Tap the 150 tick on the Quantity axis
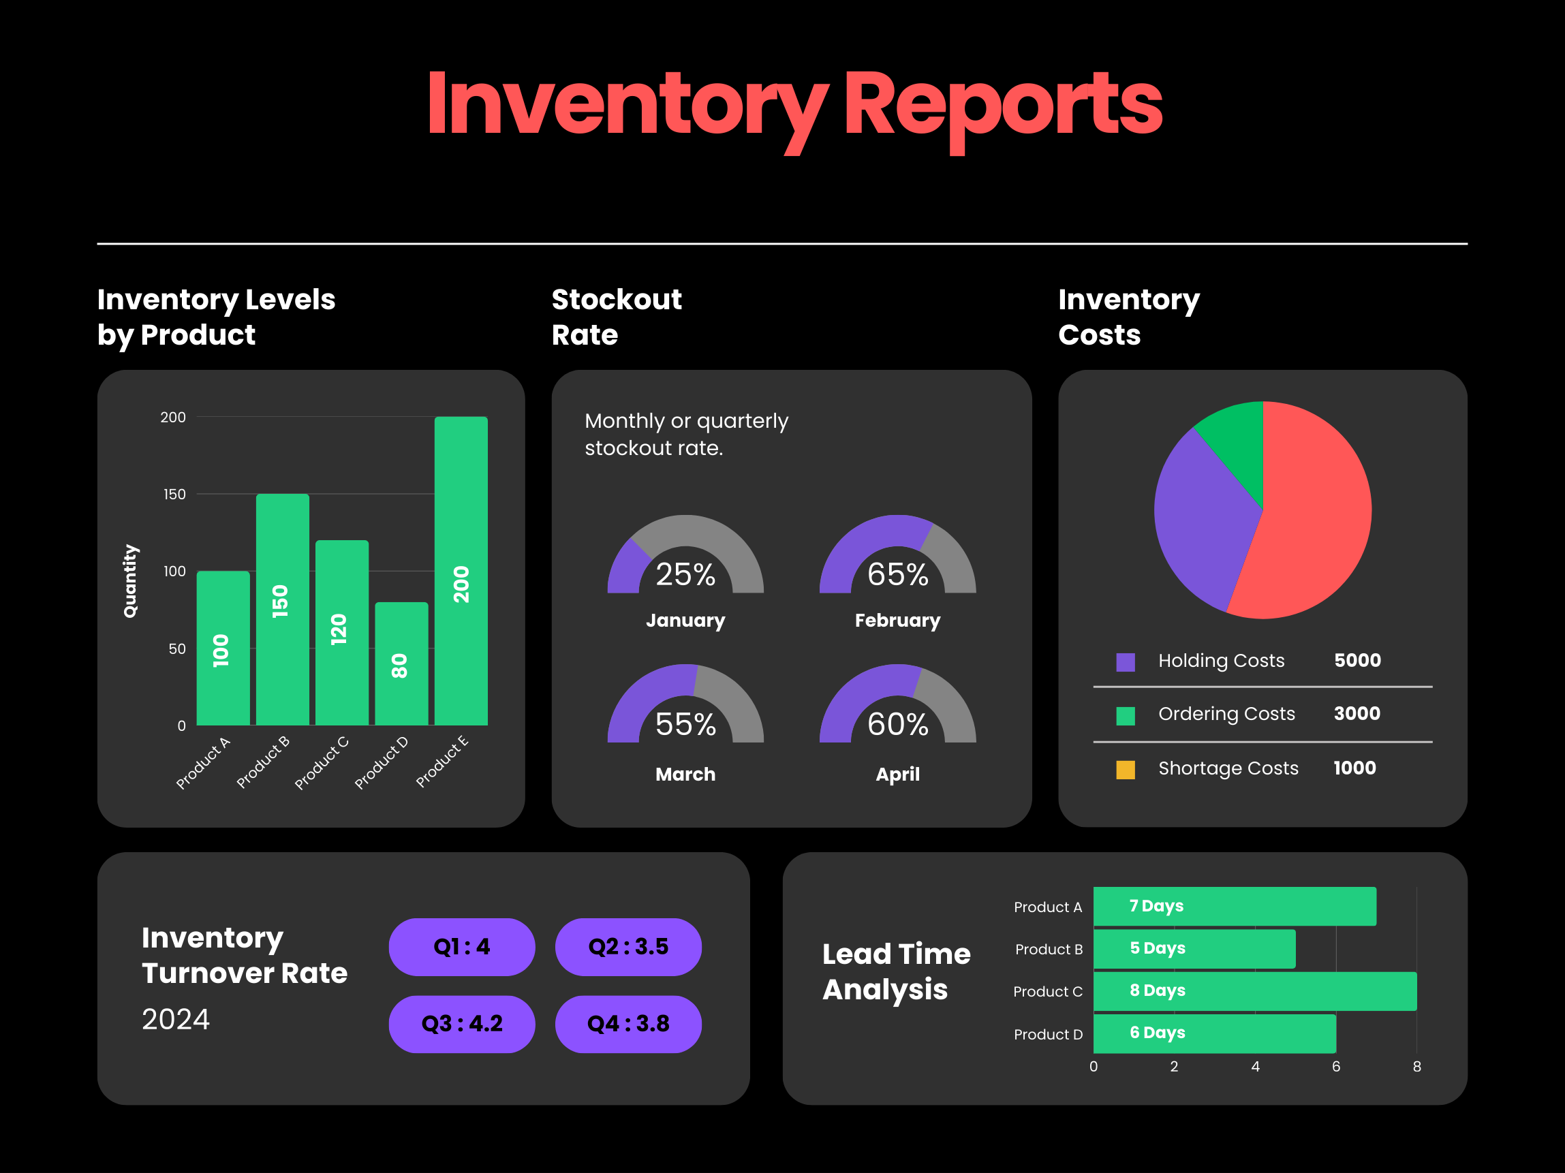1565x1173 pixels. [x=174, y=495]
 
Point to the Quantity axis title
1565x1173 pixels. [x=130, y=581]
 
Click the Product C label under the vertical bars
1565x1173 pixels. [x=322, y=763]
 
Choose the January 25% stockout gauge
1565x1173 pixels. [x=685, y=559]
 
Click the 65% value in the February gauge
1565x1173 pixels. [x=897, y=574]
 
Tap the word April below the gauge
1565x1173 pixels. [x=897, y=774]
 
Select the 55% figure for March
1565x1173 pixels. [x=685, y=725]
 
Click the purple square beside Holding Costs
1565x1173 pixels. [x=1125, y=662]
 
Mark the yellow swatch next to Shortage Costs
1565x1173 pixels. [x=1125, y=770]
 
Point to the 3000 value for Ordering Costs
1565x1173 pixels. [x=1357, y=713]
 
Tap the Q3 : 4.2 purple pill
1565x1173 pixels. [x=461, y=1024]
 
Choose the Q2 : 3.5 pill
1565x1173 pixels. [x=627, y=947]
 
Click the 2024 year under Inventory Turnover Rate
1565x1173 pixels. [x=176, y=1020]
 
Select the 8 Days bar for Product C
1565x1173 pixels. [x=1254, y=991]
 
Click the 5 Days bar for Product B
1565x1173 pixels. [x=1194, y=949]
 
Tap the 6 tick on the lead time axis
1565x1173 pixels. [x=1336, y=1066]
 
